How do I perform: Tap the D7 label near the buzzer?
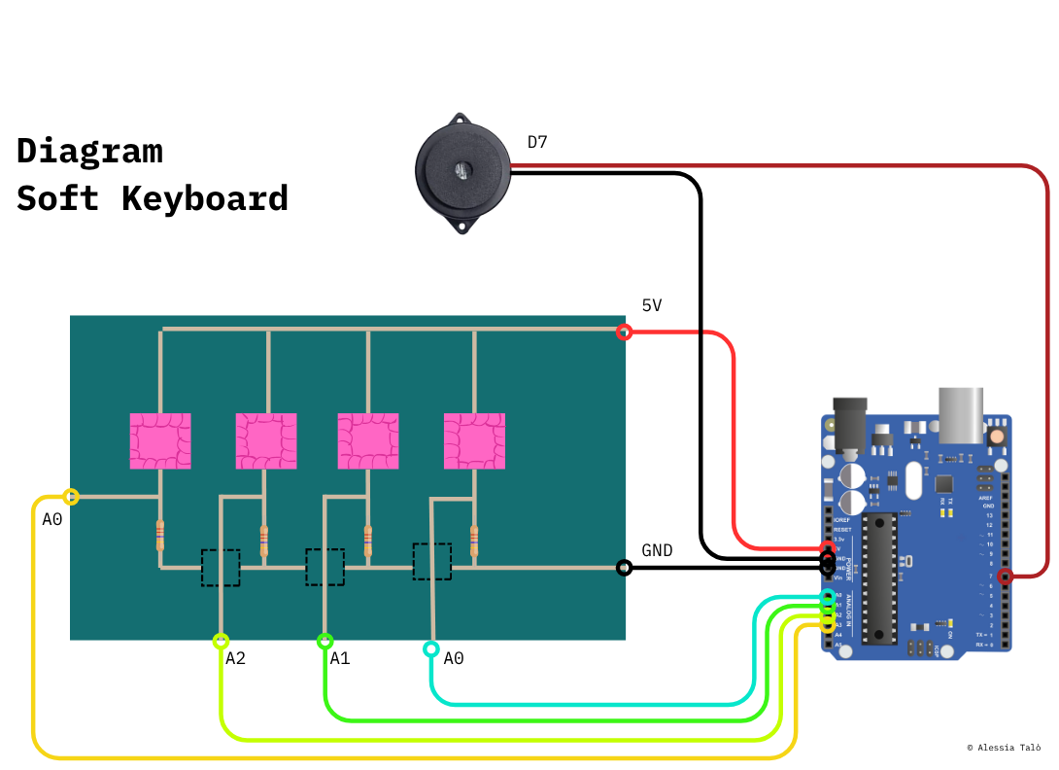tap(537, 143)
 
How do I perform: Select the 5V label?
tap(652, 306)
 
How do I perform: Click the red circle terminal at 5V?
tap(625, 332)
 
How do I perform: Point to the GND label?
tap(658, 550)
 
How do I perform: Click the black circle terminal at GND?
tap(625, 568)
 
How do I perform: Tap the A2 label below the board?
tap(235, 659)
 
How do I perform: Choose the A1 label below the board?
tap(340, 659)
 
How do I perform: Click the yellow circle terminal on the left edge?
tap(71, 497)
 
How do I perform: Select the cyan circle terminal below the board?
tap(430, 648)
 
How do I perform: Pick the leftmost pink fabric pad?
tap(160, 440)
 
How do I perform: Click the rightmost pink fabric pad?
tap(475, 440)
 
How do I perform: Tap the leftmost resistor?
tap(160, 535)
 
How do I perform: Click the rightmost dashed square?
tap(432, 561)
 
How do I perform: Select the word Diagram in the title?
tap(89, 151)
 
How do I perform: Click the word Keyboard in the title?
tap(205, 198)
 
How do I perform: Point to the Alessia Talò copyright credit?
tap(1004, 748)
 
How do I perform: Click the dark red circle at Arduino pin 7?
tap(1006, 577)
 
